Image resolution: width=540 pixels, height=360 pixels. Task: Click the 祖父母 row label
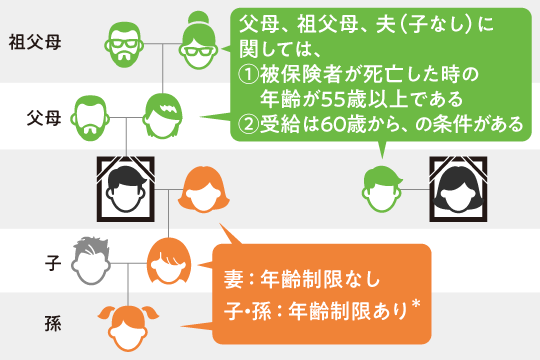35,44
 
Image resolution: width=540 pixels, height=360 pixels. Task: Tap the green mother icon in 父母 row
163,118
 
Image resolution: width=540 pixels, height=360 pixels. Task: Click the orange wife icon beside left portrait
200,187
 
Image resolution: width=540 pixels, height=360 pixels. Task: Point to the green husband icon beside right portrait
384,188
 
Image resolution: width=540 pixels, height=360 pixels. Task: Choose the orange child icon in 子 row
164,262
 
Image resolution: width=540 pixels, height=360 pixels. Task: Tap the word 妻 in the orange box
237,278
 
